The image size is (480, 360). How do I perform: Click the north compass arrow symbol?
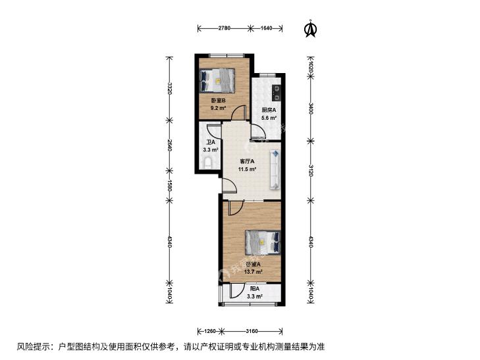[x=311, y=29]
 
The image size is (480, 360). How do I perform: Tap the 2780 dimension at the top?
[x=224, y=28]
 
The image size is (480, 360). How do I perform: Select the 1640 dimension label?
[x=266, y=28]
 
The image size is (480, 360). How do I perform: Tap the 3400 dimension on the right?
[x=311, y=109]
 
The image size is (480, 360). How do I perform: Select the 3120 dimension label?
[x=311, y=170]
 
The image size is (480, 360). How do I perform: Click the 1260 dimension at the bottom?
[x=210, y=331]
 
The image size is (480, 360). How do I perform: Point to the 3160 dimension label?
[x=252, y=331]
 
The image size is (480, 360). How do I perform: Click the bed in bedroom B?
[x=217, y=80]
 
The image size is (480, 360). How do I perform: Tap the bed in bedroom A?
[x=263, y=242]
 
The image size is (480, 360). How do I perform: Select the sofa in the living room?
[x=275, y=169]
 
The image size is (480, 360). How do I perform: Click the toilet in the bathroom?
[x=208, y=163]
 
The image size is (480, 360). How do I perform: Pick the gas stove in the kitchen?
[x=277, y=93]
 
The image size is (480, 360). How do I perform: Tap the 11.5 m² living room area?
[x=248, y=169]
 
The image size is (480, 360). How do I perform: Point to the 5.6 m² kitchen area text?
[x=269, y=117]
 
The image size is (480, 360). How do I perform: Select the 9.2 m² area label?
[x=218, y=108]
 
